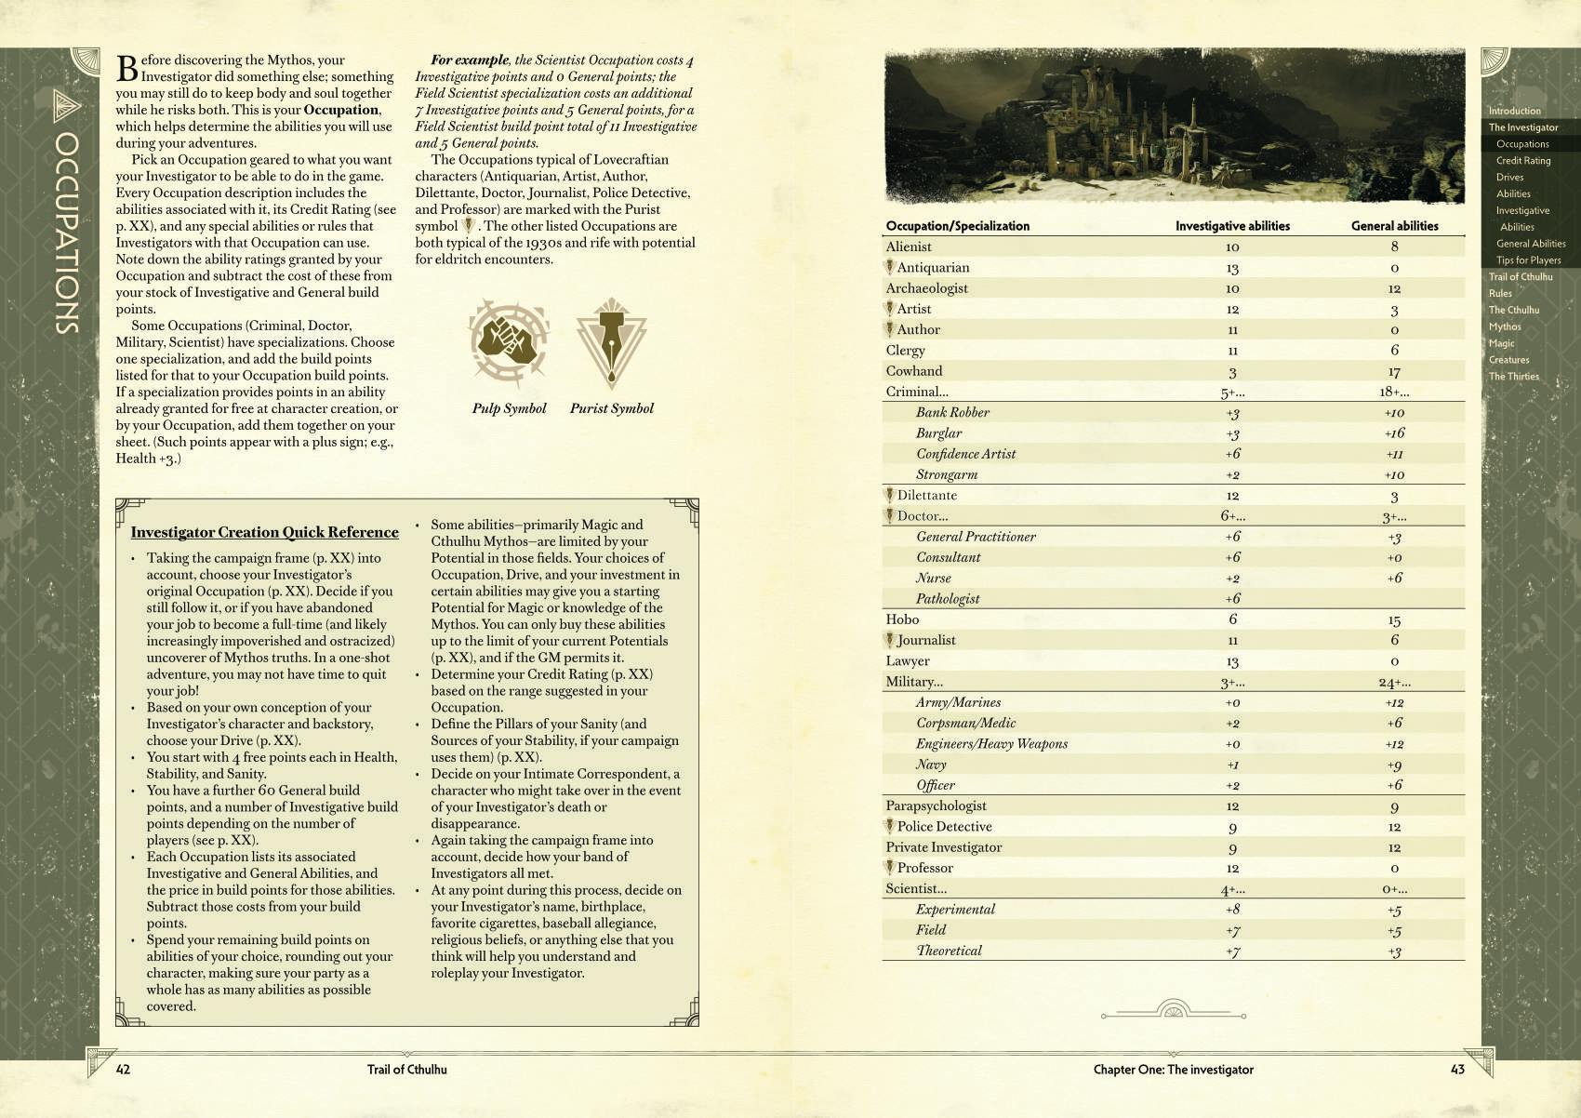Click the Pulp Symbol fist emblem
[x=508, y=342]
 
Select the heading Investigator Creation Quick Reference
[x=264, y=532]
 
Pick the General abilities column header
[x=1394, y=226]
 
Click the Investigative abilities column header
[x=1232, y=226]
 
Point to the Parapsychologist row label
[x=936, y=805]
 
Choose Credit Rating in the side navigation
[x=1522, y=161]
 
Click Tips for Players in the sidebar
[x=1528, y=260]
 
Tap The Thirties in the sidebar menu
[x=1513, y=377]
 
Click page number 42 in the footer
[x=123, y=1070]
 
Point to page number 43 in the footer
[x=1457, y=1070]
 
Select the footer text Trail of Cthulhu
[x=406, y=1070]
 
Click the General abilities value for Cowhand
[x=1394, y=372]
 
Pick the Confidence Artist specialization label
[x=965, y=454]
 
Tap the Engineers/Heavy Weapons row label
[x=991, y=744]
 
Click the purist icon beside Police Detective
[x=890, y=826]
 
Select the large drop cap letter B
[x=126, y=68]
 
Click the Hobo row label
[x=902, y=619]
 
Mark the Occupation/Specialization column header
[x=957, y=226]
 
